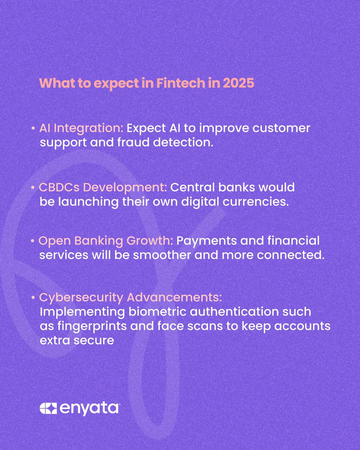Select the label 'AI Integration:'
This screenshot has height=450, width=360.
pos(81,128)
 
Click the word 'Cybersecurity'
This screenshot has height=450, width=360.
pos(81,297)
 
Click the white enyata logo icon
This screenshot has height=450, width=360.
pos(48,408)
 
